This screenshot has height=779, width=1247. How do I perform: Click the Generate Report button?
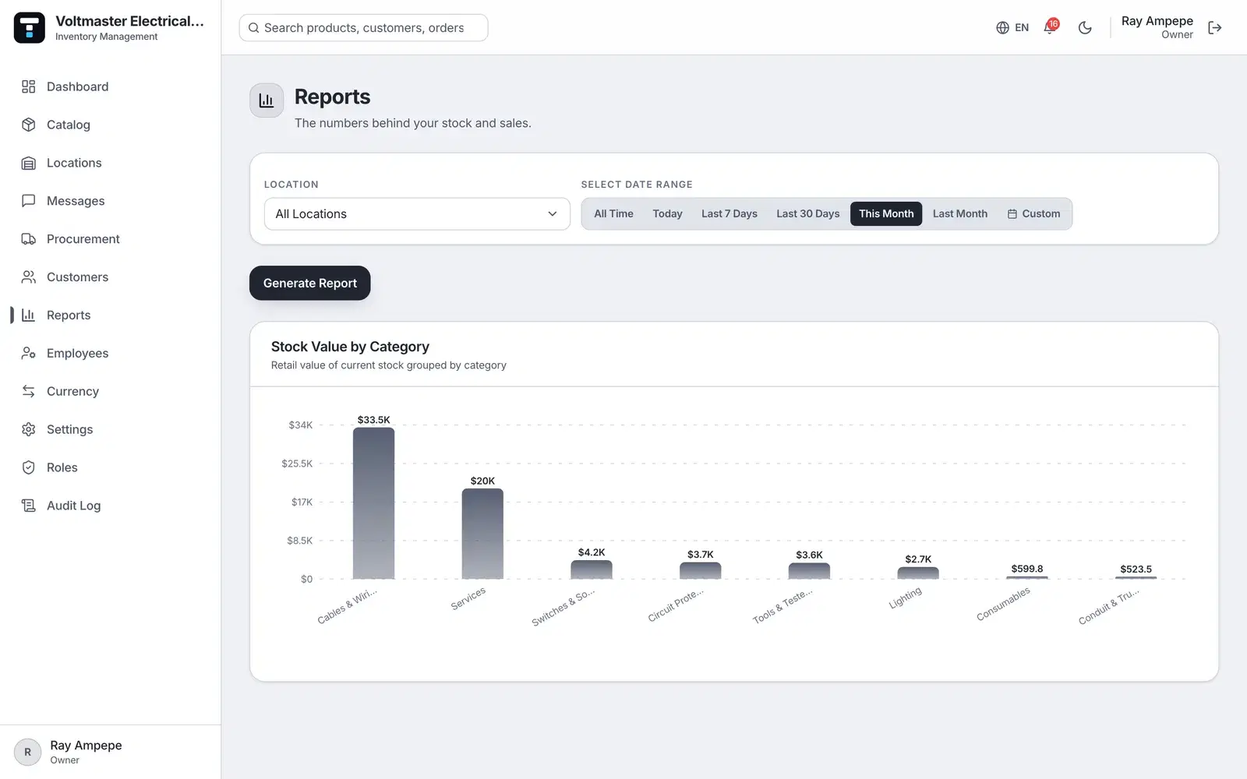coord(309,283)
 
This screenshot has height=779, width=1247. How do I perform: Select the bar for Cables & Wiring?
coord(373,503)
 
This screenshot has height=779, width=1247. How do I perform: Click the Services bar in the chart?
coord(482,534)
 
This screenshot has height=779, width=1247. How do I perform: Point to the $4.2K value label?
coord(592,552)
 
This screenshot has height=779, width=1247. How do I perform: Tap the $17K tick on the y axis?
coord(302,502)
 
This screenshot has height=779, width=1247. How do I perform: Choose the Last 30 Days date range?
coord(807,213)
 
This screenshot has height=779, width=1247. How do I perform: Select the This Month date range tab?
coord(885,213)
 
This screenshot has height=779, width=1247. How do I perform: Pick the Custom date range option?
coord(1033,213)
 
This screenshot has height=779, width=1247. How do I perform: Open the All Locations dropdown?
coord(417,213)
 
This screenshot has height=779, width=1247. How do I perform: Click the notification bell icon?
coord(1049,27)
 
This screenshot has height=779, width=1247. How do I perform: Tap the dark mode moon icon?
coord(1084,28)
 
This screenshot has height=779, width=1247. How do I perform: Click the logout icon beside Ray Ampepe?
coord(1215,28)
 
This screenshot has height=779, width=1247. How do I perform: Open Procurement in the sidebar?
coord(83,238)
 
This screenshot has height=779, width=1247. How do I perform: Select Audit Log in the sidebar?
coord(73,506)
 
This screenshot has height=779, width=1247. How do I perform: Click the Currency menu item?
coord(72,391)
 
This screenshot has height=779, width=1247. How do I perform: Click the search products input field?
coord(363,28)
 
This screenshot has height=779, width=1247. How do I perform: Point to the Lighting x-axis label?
coord(905,597)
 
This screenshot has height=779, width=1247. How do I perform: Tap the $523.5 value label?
coord(1136,569)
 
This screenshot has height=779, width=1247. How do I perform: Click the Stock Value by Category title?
coord(350,347)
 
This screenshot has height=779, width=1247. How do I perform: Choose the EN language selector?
coord(1012,28)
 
